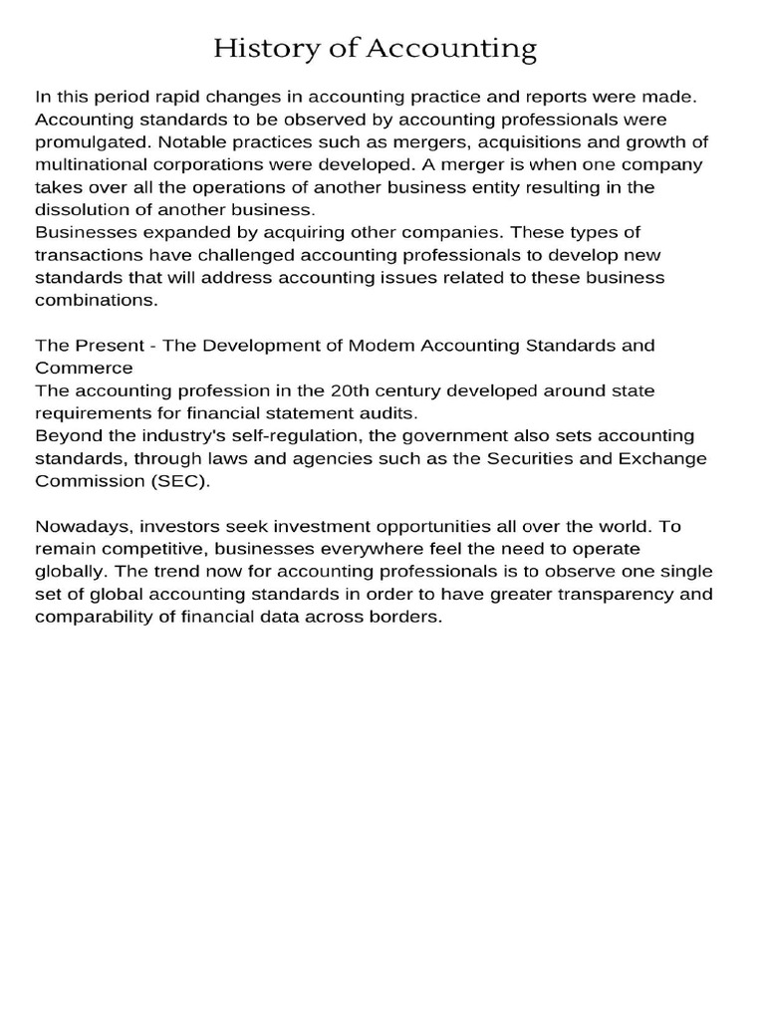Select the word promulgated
(86, 142)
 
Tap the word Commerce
(84, 368)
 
